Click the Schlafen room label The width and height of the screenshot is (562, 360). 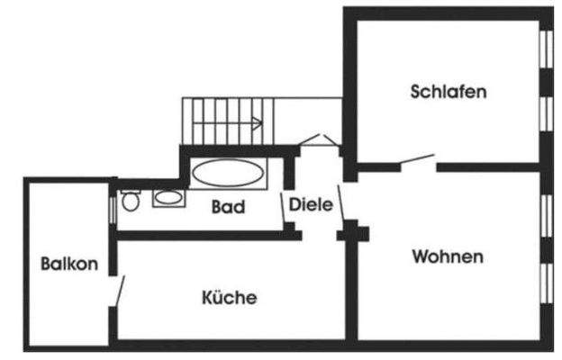point(449,92)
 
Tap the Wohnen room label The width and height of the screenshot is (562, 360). point(448,256)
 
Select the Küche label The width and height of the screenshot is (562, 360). point(230,297)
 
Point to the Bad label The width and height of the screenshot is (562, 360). point(229,207)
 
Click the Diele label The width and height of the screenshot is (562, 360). point(311,204)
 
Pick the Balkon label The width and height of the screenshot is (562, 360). point(69,264)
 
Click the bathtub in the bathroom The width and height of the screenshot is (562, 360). point(229,173)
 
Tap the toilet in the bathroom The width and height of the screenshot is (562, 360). point(131,201)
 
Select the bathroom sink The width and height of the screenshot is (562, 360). point(168,198)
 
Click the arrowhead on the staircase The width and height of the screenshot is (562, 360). point(258,123)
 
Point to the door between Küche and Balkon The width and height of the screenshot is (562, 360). point(120,291)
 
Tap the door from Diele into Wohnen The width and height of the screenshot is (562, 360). point(340,202)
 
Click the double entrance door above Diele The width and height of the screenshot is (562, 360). point(318,140)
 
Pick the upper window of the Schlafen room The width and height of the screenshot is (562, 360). point(547,49)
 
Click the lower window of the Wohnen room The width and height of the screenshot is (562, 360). point(547,283)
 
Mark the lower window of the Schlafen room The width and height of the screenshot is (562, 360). point(547,114)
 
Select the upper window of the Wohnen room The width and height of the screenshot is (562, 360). point(547,216)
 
